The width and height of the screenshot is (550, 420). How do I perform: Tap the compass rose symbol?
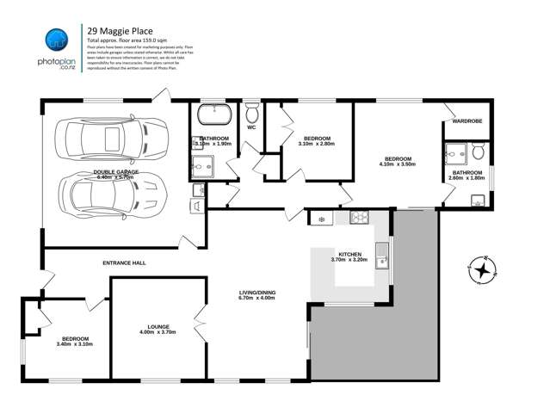point(483,270)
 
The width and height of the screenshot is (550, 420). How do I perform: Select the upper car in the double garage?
point(106,138)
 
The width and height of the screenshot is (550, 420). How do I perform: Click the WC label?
point(251,127)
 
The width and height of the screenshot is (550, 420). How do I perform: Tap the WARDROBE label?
point(467,121)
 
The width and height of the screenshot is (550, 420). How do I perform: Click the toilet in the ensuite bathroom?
point(479,152)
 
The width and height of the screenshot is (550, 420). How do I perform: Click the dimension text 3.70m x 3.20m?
point(349,259)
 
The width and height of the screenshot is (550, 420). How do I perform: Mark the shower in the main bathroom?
point(199,164)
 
